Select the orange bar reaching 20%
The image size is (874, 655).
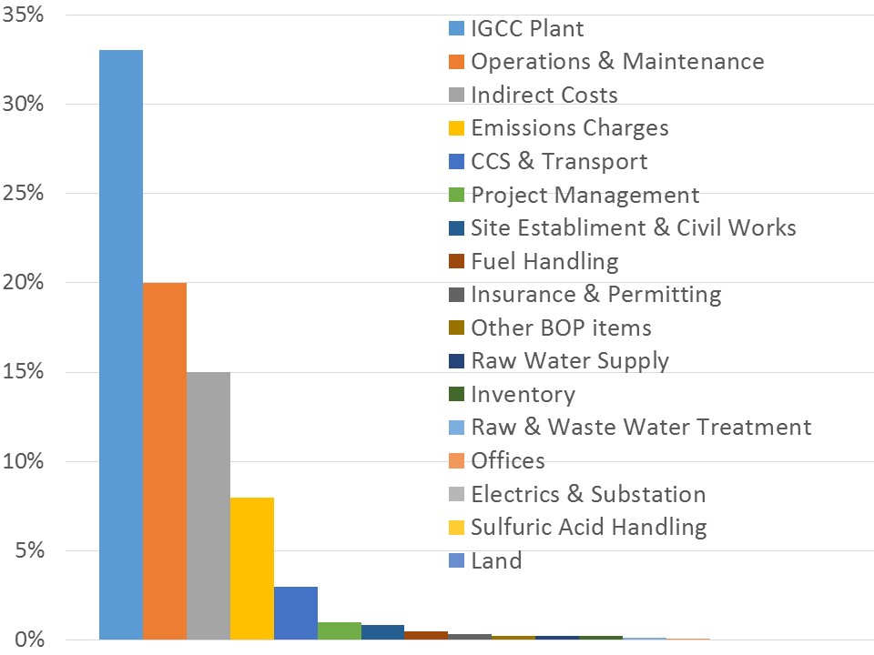[x=164, y=460]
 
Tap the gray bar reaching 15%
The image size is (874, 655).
[x=208, y=505]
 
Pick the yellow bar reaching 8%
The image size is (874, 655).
[x=251, y=568]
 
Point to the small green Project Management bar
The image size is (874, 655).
[x=339, y=630]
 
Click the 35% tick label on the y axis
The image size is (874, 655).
[x=25, y=15]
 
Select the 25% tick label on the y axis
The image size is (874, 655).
[x=25, y=194]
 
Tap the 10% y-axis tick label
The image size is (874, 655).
[x=25, y=461]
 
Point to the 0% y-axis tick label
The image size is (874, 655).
[x=29, y=640]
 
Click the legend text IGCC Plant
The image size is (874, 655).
[x=527, y=28]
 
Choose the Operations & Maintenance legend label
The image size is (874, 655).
[x=617, y=62]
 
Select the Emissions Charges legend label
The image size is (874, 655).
[x=569, y=128]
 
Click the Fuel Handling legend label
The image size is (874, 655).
[x=544, y=262]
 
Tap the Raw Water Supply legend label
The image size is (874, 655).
[x=569, y=360]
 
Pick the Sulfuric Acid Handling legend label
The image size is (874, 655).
[x=588, y=527]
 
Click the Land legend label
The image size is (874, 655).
[x=496, y=560]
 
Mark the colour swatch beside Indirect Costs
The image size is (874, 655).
[x=457, y=96]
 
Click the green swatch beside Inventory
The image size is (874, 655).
[x=457, y=395]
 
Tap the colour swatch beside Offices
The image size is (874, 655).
[x=457, y=461]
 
